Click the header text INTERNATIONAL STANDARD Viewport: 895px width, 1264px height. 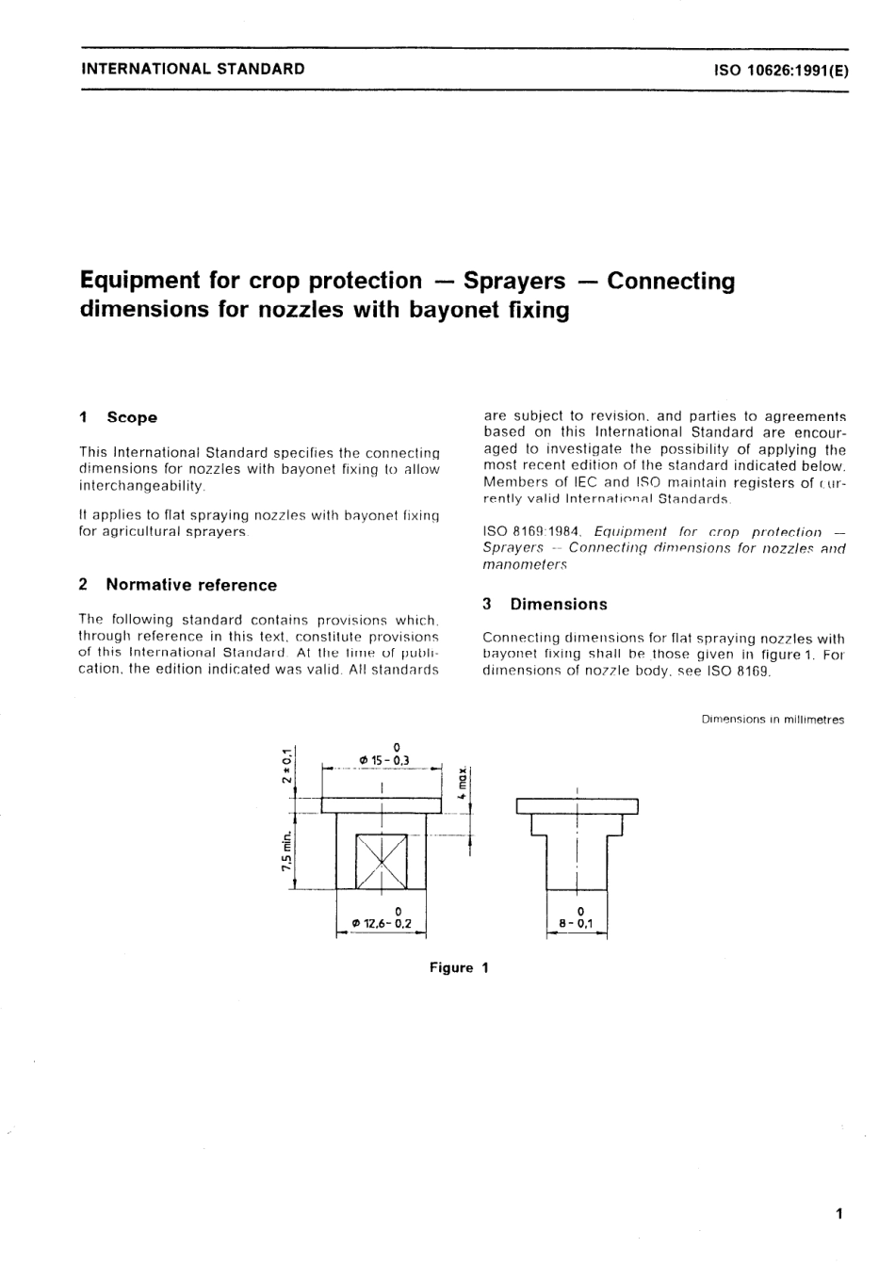[193, 68]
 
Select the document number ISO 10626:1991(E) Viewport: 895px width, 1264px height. [781, 69]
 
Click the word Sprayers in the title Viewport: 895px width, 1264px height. [514, 281]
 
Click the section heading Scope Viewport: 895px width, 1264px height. [132, 417]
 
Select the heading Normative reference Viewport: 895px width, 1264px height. [191, 585]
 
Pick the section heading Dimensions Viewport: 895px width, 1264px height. [559, 605]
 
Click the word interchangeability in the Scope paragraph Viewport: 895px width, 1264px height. [141, 485]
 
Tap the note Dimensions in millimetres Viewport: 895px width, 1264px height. [773, 720]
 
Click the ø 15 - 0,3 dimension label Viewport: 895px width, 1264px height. [383, 758]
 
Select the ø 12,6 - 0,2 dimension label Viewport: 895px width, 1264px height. [382, 923]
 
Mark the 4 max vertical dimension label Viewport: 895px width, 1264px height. [462, 781]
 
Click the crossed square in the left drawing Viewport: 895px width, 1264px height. [381, 861]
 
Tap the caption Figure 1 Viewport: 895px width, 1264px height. [459, 967]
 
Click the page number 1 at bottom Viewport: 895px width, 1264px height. [838, 1213]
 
